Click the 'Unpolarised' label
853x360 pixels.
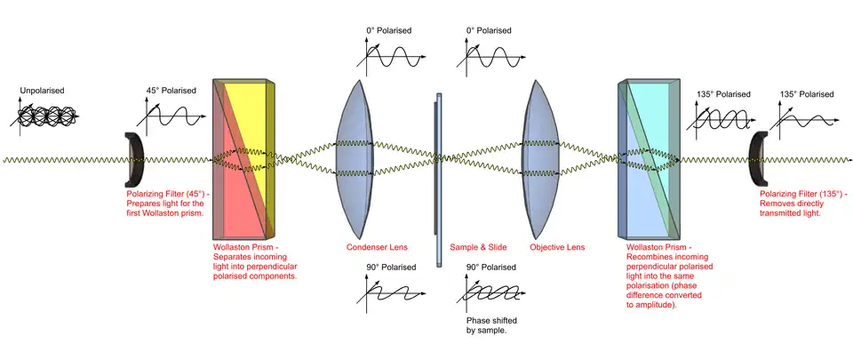click(x=44, y=91)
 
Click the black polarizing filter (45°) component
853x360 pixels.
click(x=134, y=159)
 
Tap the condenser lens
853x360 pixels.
click(x=360, y=160)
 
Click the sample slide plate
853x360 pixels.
click(x=438, y=178)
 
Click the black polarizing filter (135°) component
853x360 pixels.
click(x=758, y=159)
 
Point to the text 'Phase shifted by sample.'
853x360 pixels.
click(x=491, y=325)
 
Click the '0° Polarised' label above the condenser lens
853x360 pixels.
click(x=389, y=29)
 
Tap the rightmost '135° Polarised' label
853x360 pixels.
click(x=807, y=93)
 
